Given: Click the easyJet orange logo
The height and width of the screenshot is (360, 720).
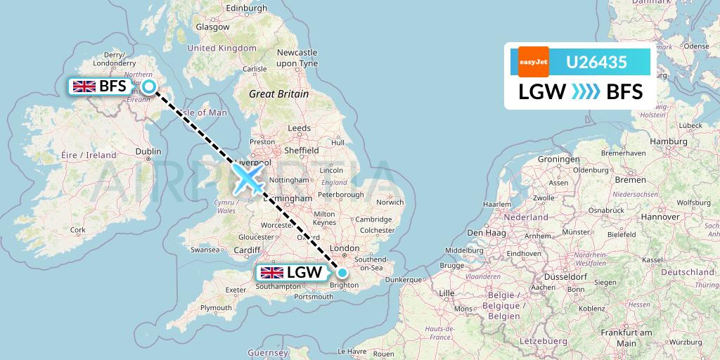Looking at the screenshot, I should (533, 62).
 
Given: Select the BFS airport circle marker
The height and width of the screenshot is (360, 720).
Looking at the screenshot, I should (149, 86).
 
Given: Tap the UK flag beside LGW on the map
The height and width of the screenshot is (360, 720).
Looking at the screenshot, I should (271, 273).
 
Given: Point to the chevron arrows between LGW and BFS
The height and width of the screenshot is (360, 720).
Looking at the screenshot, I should (581, 92).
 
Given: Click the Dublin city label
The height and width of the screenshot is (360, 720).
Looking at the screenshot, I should (148, 151).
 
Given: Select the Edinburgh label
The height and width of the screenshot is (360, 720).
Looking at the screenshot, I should (245, 8).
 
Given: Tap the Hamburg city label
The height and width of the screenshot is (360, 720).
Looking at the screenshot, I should (669, 141).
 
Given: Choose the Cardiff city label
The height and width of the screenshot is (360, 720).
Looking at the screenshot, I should (247, 250).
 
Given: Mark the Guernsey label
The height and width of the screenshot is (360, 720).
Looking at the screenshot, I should (268, 352).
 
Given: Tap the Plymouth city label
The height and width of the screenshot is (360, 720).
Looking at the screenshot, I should (216, 308).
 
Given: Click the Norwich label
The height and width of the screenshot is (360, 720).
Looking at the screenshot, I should (390, 202).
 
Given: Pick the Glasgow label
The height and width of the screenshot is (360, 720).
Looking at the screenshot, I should (212, 27).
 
